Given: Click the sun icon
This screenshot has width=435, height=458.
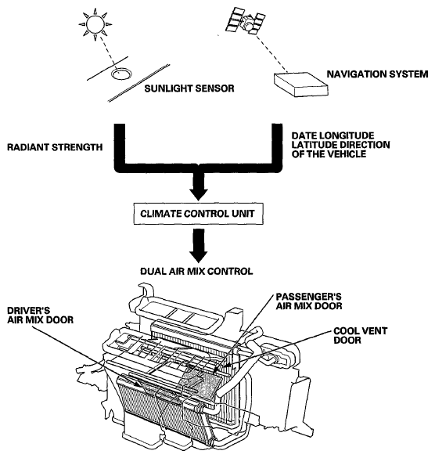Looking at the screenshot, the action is (95, 24).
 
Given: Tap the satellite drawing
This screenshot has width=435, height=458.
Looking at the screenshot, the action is (245, 20).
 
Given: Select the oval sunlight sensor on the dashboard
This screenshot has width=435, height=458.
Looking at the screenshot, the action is (121, 74).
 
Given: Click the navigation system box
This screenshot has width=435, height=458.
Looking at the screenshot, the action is (300, 85).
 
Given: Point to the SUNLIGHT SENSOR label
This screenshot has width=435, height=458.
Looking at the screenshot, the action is (189, 88).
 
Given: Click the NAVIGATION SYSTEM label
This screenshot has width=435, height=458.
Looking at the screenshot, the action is (377, 74).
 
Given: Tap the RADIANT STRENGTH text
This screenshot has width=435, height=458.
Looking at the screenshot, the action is (55, 147).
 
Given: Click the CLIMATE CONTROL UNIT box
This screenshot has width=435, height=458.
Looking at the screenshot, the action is (198, 214).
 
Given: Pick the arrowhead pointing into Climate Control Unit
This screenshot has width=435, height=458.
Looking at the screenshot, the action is (199, 194).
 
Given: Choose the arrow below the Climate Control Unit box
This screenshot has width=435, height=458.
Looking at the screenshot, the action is (199, 246).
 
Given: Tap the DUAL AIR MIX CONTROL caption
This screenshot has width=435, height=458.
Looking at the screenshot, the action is (196, 272).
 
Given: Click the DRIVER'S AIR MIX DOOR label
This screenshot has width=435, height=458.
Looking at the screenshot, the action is (40, 316).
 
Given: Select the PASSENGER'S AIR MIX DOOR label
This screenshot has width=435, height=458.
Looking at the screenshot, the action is (309, 301).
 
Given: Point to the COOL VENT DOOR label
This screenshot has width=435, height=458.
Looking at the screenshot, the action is (360, 335).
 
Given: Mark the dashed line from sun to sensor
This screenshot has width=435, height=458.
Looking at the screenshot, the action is (107, 52).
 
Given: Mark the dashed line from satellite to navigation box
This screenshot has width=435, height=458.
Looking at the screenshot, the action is (271, 53).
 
